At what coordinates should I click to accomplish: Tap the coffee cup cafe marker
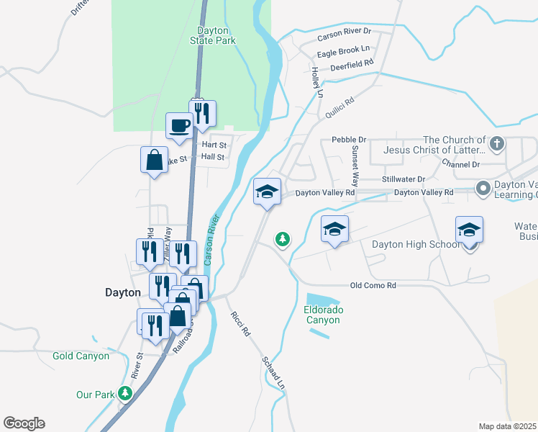coord(179,125)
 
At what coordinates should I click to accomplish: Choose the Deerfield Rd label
coord(352,63)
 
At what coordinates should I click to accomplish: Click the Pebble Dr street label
coord(349,140)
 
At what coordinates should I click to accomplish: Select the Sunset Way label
coord(355,163)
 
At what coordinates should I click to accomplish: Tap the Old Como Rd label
coord(373,286)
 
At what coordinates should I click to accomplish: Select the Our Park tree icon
coord(126,393)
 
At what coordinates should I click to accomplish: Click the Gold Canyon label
coord(81,356)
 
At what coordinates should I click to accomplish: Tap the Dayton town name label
coord(122,293)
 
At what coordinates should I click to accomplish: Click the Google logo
coord(24,423)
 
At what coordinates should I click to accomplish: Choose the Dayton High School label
coord(415,245)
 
